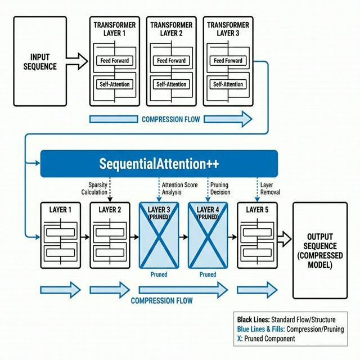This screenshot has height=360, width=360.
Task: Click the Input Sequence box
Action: point(43,61)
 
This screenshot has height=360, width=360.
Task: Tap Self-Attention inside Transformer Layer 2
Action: point(171,84)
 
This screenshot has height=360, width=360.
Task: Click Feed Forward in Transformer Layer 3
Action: point(228,61)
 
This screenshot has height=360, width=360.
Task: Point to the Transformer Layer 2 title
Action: point(171,29)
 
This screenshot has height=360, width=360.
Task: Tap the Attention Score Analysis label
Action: point(179,188)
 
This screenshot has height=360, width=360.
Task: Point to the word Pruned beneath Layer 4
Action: point(208,274)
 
